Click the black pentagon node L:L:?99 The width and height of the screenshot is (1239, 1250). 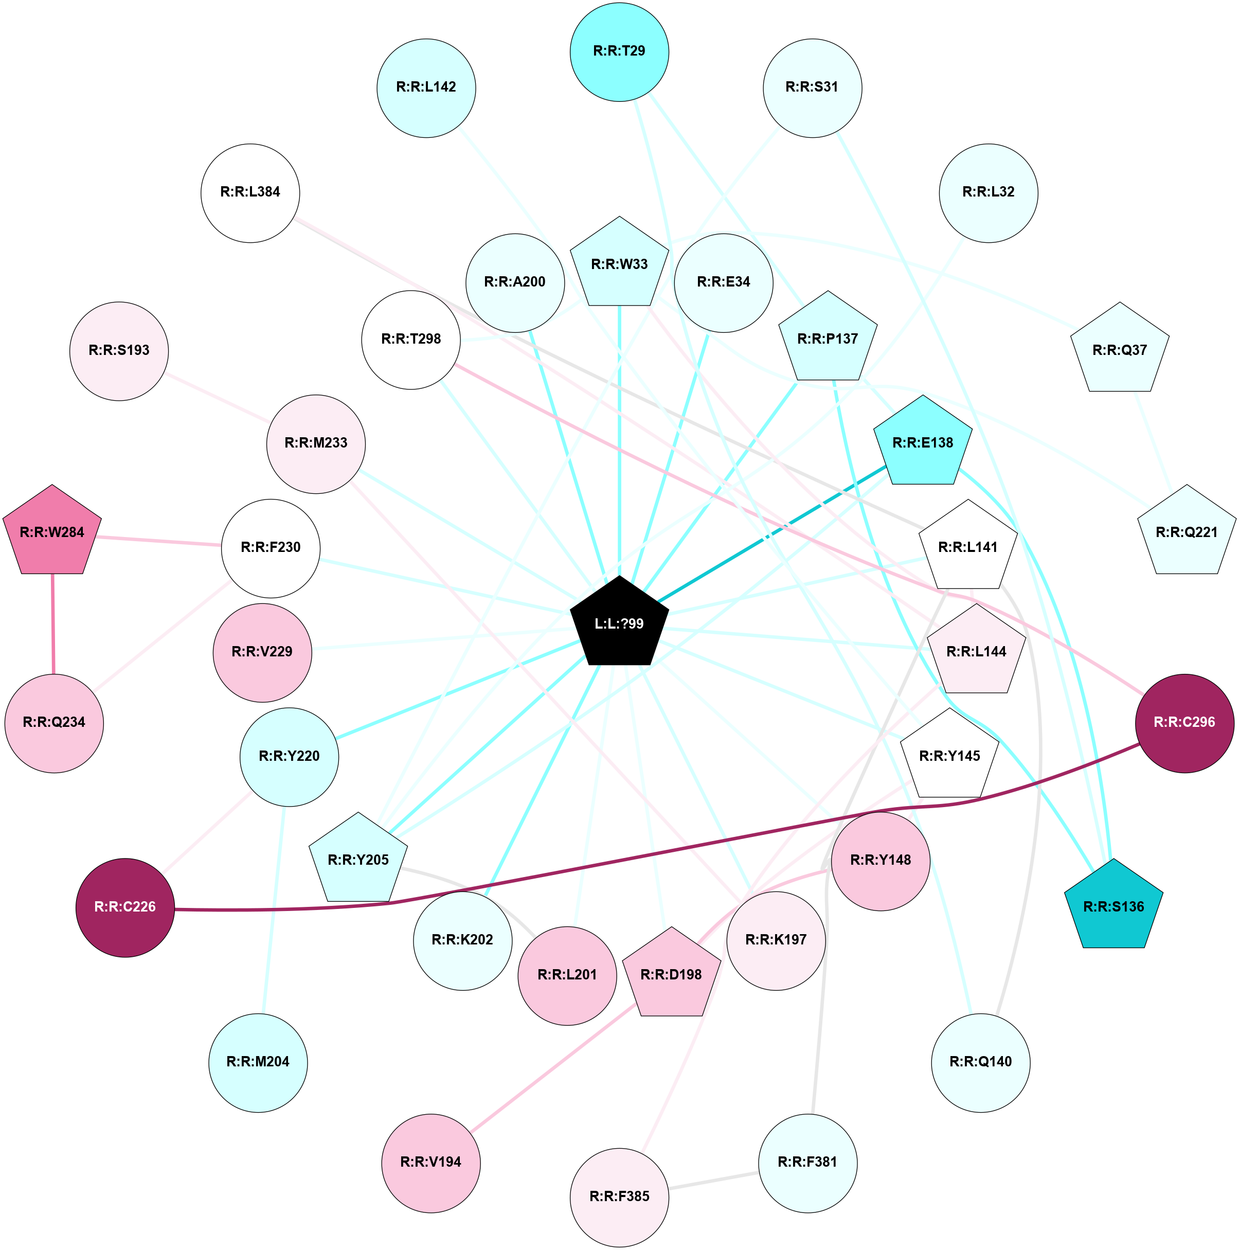coord(619,623)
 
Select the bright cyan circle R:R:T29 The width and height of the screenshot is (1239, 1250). coord(619,52)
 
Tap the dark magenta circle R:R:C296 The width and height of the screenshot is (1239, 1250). coord(1184,723)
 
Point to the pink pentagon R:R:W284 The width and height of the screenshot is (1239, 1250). coord(52,532)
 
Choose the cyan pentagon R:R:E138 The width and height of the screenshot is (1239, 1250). coord(923,443)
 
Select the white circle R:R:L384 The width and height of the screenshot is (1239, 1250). coord(250,193)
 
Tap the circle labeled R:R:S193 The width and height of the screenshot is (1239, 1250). coord(119,351)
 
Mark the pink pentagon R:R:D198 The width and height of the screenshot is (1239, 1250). coord(671,974)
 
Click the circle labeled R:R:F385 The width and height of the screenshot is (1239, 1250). coord(619,1197)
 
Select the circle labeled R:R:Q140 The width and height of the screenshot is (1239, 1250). coord(980,1062)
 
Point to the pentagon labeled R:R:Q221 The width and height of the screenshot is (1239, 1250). coord(1186,532)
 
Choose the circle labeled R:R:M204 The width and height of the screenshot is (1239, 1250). coord(258,1062)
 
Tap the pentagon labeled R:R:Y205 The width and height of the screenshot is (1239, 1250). coord(358,860)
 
